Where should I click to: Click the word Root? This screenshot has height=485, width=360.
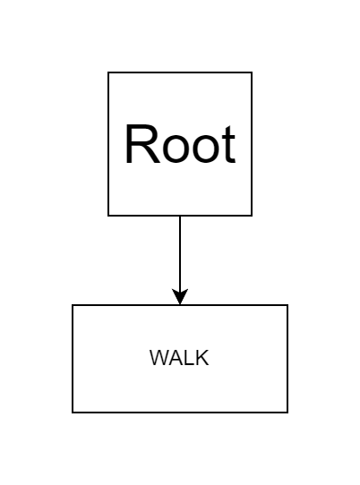(x=180, y=143)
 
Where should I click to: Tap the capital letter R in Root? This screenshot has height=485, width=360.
(x=142, y=143)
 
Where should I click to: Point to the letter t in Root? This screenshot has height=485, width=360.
(x=229, y=144)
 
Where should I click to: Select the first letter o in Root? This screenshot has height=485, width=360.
(x=176, y=149)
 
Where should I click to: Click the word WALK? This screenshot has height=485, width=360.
(x=179, y=358)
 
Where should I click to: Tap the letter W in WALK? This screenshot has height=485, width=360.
(x=159, y=358)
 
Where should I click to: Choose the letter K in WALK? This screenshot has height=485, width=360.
(x=202, y=358)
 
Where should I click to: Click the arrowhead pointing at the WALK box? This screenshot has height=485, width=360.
(x=180, y=297)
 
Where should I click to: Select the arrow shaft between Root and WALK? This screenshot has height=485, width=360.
(x=180, y=253)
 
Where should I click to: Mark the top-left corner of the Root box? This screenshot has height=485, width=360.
(x=108, y=72)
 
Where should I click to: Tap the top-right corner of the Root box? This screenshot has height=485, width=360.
(x=252, y=72)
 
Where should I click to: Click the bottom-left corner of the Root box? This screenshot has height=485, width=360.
(x=108, y=216)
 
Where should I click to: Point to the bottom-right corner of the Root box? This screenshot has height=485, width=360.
(x=252, y=216)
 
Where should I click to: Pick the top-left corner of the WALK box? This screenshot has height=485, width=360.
(x=73, y=305)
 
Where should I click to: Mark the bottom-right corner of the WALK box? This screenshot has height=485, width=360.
(x=287, y=413)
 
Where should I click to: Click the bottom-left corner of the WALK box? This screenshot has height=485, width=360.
(x=73, y=413)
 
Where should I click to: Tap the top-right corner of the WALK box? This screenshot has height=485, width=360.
(x=287, y=305)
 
